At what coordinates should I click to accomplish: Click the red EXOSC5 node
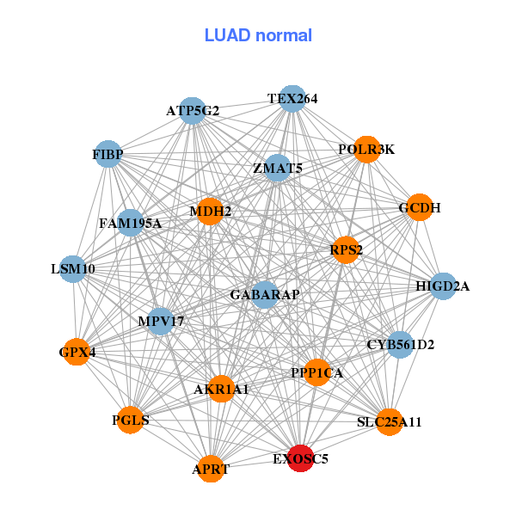click(x=300, y=458)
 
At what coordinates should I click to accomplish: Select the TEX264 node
click(x=292, y=99)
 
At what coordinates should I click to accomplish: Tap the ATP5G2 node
click(x=193, y=111)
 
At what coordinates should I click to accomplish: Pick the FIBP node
click(x=107, y=155)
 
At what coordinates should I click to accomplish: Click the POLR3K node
click(x=366, y=150)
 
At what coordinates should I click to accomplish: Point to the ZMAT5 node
click(x=277, y=169)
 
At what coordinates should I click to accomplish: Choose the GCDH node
click(x=419, y=207)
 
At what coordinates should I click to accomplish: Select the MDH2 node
click(x=210, y=211)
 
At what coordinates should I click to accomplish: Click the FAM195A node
click(x=130, y=224)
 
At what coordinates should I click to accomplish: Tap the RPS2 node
click(x=346, y=250)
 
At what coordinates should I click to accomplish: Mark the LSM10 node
click(x=73, y=269)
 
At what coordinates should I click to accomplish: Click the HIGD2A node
click(x=442, y=286)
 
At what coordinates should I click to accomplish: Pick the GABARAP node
click(x=265, y=295)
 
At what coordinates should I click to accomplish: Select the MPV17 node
click(x=161, y=322)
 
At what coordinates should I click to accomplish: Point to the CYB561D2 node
click(x=400, y=345)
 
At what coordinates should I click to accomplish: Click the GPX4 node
click(x=77, y=352)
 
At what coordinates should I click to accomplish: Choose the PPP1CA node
click(x=316, y=372)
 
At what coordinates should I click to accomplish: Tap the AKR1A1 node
click(x=221, y=390)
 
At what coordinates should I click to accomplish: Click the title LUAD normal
click(x=258, y=35)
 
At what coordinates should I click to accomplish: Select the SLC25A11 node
click(x=390, y=421)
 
